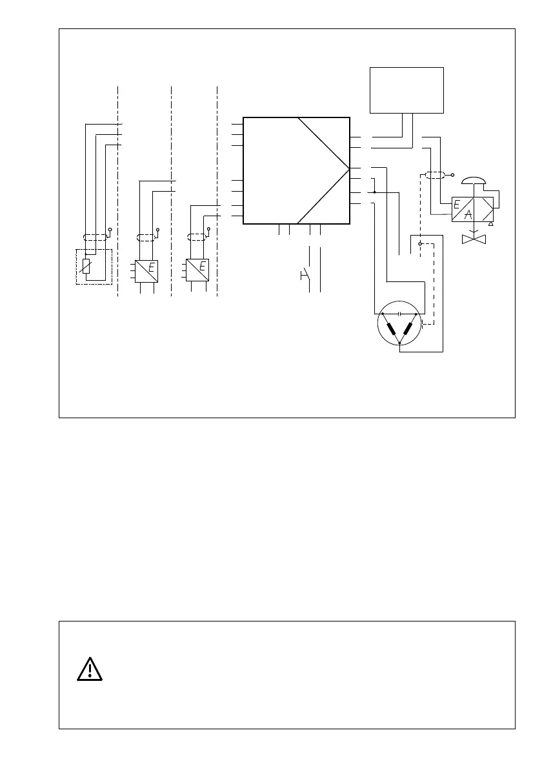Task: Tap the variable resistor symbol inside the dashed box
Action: [86, 266]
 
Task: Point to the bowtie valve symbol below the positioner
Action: [476, 239]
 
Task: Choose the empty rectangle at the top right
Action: [406, 90]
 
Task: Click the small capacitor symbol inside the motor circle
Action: [400, 314]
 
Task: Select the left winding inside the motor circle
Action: [390, 329]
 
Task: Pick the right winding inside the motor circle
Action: [408, 329]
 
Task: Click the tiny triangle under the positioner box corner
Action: [491, 224]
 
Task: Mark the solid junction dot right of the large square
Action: [374, 192]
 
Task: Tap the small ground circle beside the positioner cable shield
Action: [453, 175]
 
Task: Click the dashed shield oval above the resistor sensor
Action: [95, 237]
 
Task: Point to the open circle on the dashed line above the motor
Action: [420, 244]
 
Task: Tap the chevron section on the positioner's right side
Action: [488, 210]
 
